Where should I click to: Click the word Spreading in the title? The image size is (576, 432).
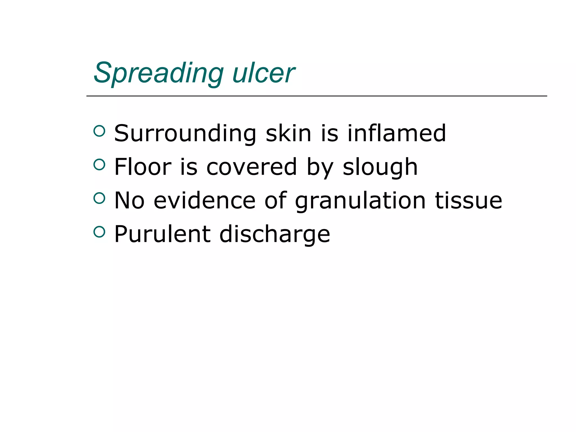tap(159, 73)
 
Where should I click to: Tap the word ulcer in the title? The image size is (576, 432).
tap(264, 73)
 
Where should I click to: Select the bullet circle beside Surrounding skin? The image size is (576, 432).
tap(99, 131)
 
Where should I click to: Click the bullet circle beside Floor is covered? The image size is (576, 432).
tap(99, 165)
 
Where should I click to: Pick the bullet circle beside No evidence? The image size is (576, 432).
tap(99, 198)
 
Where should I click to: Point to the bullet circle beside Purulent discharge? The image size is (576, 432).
tap(99, 232)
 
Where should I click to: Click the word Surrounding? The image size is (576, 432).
tap(185, 133)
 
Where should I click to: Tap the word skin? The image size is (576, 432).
tap(288, 133)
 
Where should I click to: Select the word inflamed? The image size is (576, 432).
tap(397, 133)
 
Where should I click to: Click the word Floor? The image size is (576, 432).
tap(143, 167)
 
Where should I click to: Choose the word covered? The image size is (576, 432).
tap(251, 167)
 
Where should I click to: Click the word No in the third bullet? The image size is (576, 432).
tap(129, 201)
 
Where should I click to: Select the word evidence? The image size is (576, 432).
tap(204, 201)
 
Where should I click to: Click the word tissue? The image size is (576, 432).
tap(468, 201)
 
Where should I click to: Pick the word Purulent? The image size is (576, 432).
tap(162, 234)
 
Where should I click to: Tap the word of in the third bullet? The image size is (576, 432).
tap(276, 201)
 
